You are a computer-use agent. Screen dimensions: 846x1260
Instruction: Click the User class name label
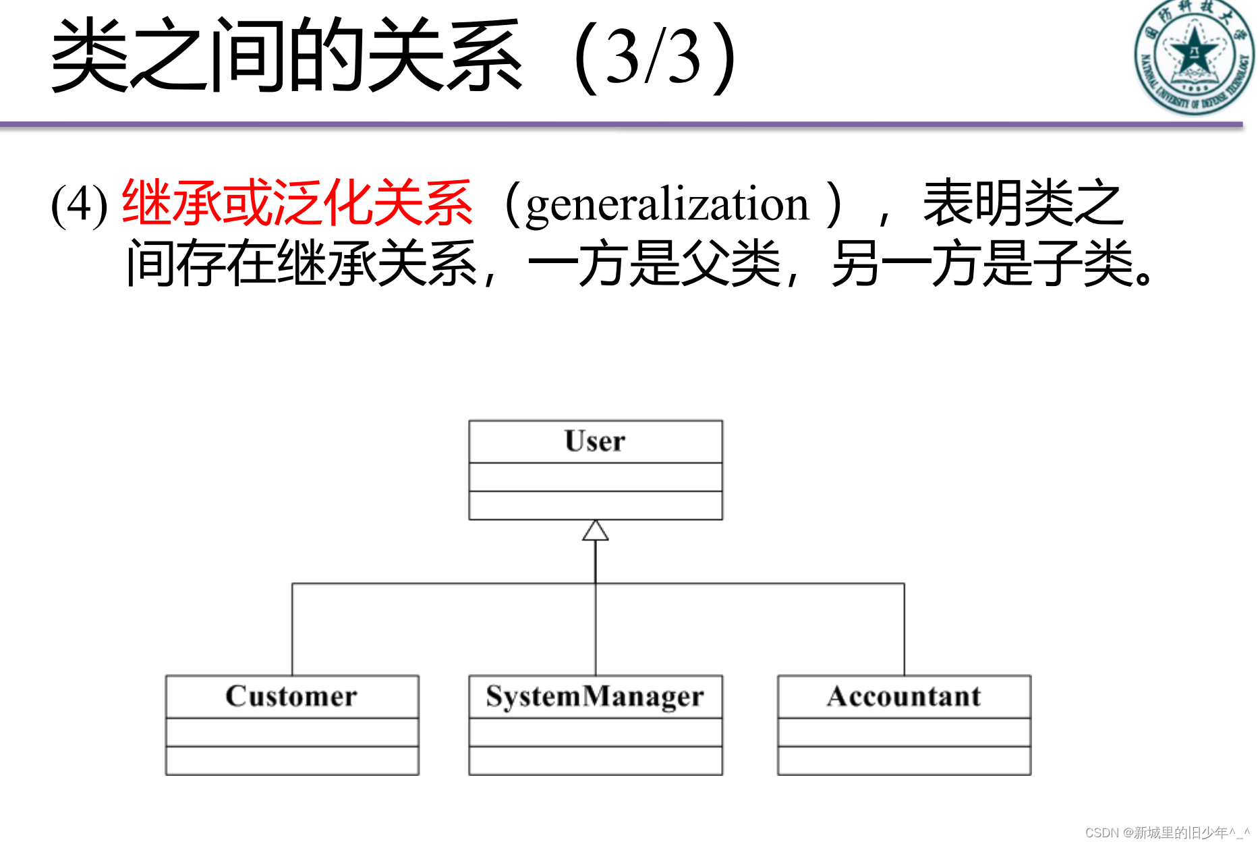pyautogui.click(x=595, y=441)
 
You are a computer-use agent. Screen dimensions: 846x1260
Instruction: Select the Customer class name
pyautogui.click(x=291, y=696)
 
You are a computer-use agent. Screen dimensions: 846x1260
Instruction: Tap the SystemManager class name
pyautogui.click(x=595, y=696)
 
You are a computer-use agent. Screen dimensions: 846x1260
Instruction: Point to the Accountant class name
pyautogui.click(x=904, y=696)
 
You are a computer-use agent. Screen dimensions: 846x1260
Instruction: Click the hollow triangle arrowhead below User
pyautogui.click(x=596, y=532)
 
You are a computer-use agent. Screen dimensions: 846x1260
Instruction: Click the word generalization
pyautogui.click(x=666, y=204)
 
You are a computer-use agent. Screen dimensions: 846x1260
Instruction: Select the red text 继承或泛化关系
pyautogui.click(x=297, y=202)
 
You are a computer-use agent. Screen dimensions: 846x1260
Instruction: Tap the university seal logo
pyautogui.click(x=1193, y=57)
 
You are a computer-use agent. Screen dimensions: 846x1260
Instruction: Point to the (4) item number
pyautogui.click(x=79, y=204)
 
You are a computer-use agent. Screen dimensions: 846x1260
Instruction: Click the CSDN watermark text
pyautogui.click(x=1167, y=833)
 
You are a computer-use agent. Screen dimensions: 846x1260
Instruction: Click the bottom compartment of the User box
pyautogui.click(x=595, y=505)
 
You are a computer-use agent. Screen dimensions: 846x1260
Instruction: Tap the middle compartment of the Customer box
pyautogui.click(x=291, y=732)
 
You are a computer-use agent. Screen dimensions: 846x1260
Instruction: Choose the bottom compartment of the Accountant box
pyautogui.click(x=904, y=760)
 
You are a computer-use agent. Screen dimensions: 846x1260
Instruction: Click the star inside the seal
pyautogui.click(x=1193, y=51)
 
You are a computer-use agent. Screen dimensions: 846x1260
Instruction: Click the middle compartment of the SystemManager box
pyautogui.click(x=595, y=732)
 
